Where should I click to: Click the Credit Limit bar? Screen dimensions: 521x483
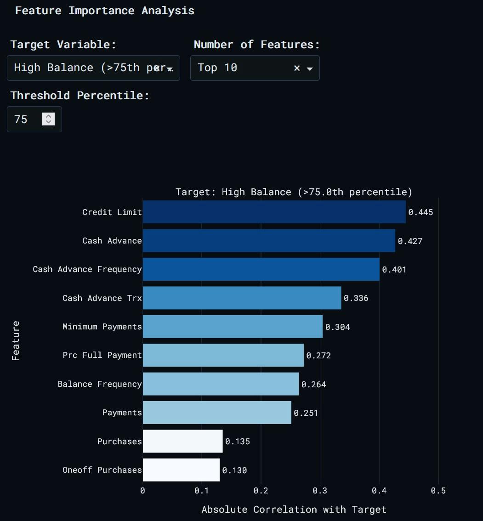274,212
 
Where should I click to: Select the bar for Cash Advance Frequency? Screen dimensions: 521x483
261,269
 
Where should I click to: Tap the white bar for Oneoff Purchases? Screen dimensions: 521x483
181,470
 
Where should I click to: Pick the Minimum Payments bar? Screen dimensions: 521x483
233,327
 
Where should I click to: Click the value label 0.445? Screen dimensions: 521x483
420,212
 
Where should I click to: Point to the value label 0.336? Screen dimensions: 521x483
356,298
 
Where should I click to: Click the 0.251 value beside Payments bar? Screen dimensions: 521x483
306,413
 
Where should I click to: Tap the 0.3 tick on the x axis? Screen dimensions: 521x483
320,491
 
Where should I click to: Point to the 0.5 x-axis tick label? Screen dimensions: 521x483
438,491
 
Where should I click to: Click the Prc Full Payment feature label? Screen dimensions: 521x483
102,355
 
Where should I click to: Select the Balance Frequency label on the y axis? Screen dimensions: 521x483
99,384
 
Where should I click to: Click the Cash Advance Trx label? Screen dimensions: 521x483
102,298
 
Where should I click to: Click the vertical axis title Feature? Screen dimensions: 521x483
16,340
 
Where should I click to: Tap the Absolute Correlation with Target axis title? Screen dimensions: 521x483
294,510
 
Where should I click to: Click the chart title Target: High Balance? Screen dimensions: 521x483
294,192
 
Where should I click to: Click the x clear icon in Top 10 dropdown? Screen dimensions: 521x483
297,68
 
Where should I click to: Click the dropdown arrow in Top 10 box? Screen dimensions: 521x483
310,68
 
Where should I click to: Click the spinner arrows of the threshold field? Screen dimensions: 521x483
48,119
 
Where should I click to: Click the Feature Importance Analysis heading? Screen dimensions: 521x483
104,11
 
